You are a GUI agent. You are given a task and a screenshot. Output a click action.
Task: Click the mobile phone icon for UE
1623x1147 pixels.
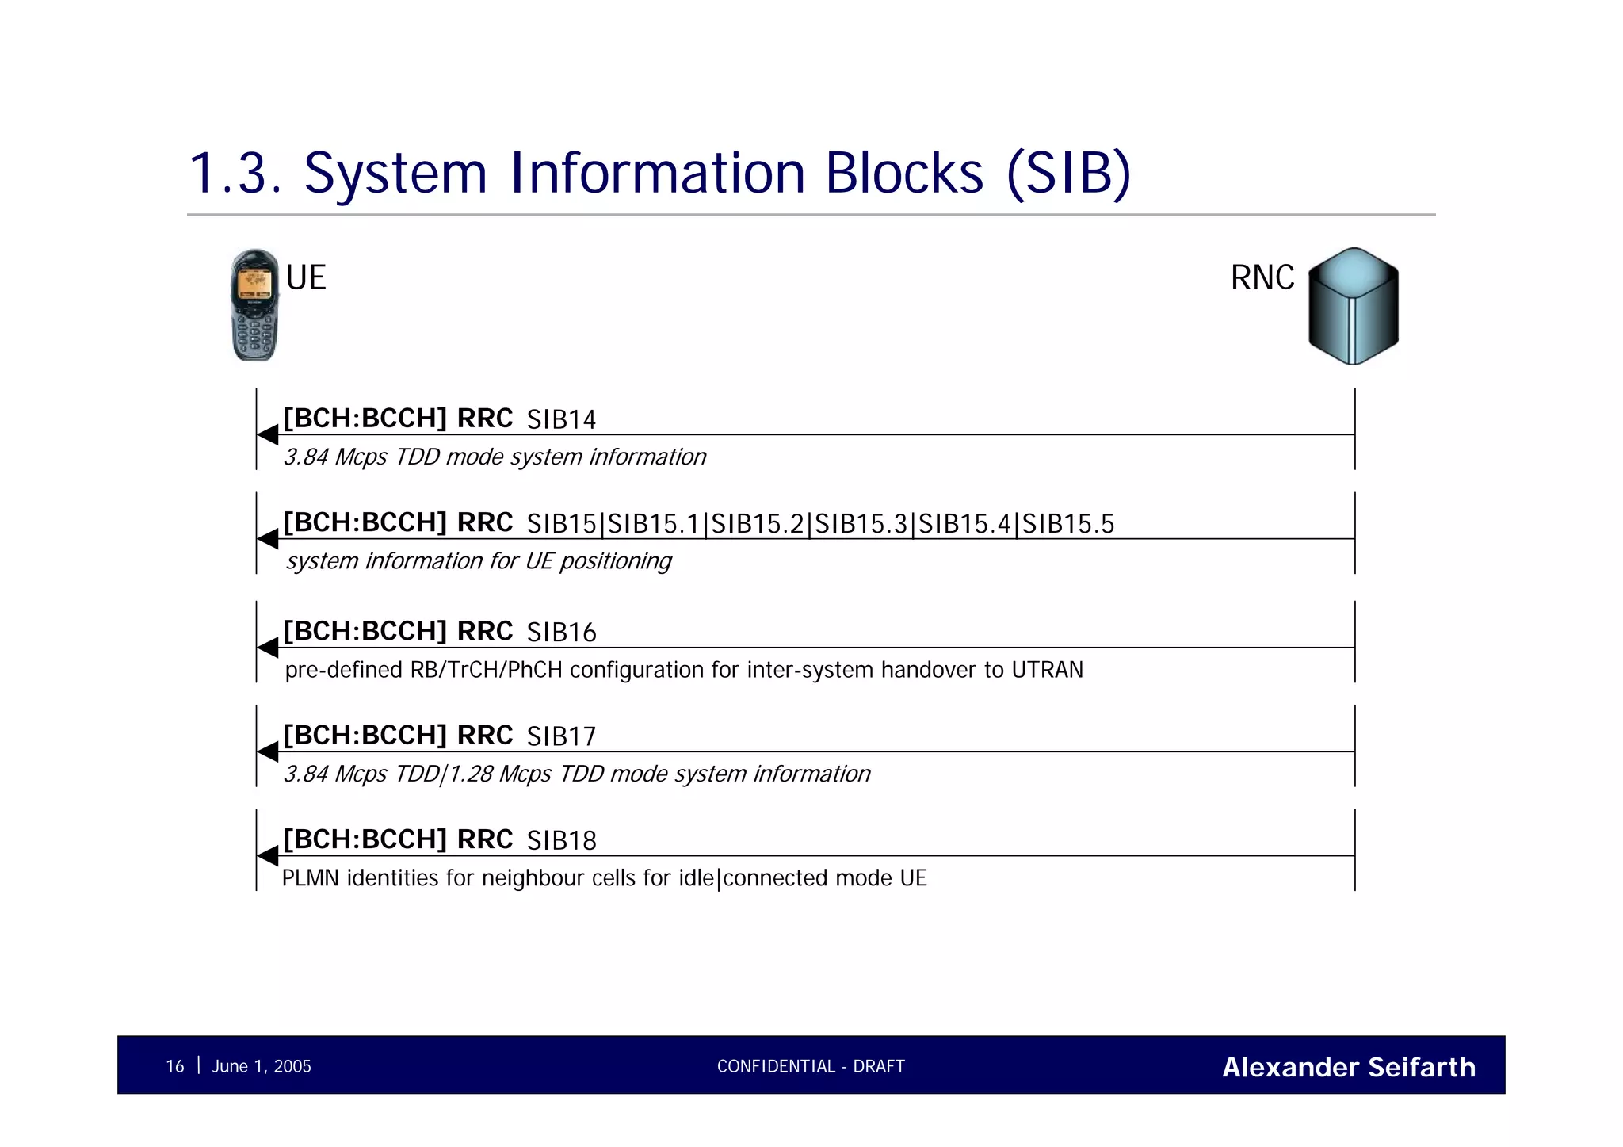[x=254, y=305]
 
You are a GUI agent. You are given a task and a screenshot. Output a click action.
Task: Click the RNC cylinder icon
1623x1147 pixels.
[x=1353, y=306]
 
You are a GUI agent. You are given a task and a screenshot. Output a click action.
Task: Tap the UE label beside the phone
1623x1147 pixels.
[x=306, y=278]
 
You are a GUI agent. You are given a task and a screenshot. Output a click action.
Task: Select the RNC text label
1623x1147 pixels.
[x=1262, y=278]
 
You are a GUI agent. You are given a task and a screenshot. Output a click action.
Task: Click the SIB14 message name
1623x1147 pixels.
[x=561, y=419]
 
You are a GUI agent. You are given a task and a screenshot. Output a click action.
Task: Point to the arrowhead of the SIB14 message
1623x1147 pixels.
[x=268, y=434]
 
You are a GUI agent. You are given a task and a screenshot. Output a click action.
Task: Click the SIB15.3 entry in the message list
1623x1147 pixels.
[x=861, y=524]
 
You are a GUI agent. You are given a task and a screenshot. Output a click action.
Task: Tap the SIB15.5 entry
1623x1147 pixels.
[x=1068, y=524]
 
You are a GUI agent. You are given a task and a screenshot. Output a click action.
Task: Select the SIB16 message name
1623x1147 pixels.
[x=561, y=633]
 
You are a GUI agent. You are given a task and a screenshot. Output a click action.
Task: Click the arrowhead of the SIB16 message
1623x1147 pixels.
[x=268, y=648]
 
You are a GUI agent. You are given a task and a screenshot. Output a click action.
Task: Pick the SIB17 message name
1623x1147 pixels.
[x=561, y=736]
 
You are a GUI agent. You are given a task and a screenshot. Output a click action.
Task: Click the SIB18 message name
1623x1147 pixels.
[x=561, y=840]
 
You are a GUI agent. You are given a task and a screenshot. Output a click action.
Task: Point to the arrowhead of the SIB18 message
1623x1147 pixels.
[x=268, y=856]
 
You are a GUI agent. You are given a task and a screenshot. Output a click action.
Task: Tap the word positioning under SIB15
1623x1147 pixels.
[x=616, y=561]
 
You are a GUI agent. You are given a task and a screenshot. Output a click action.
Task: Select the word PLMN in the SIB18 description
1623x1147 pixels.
[x=311, y=878]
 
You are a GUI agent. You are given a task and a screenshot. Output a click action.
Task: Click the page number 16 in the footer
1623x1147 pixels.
[x=174, y=1066]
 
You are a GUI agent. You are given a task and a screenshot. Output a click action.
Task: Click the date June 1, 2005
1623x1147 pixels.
[x=262, y=1066]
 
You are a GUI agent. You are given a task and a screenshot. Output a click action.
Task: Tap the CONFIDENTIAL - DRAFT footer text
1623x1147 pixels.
[x=811, y=1066]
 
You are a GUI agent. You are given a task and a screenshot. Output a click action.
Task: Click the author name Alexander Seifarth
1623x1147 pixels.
[x=1348, y=1067]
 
